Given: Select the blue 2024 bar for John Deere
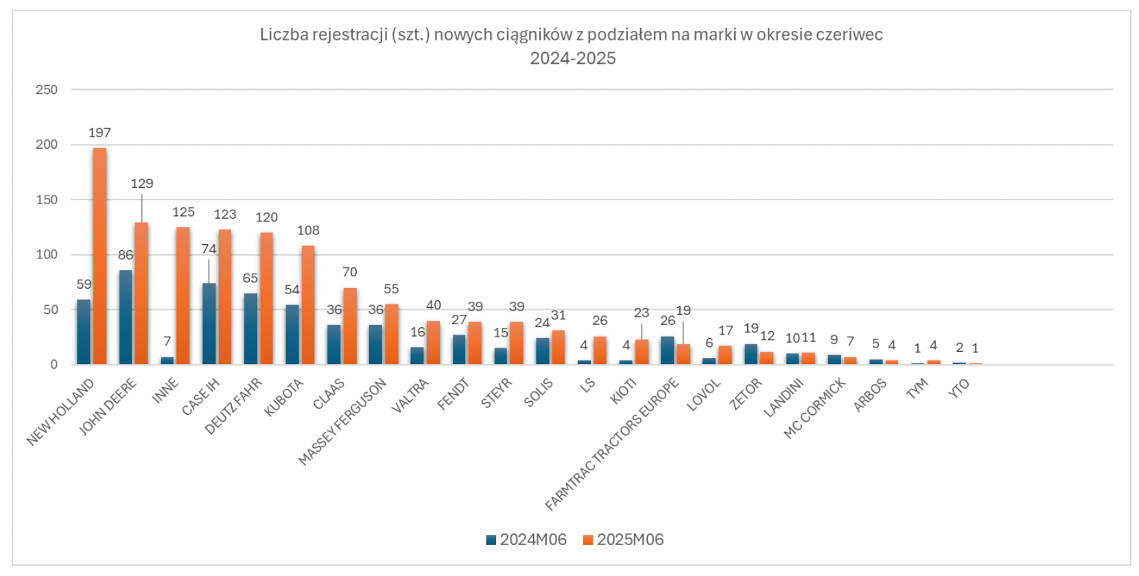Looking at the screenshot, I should click(126, 317).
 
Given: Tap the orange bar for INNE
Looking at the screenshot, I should click(183, 296).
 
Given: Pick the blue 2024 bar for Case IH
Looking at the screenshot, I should click(209, 324).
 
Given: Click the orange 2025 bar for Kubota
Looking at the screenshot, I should click(308, 304).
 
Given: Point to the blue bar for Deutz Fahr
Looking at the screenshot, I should click(250, 328).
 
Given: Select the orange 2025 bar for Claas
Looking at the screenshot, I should click(350, 326).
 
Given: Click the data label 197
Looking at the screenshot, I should click(99, 133).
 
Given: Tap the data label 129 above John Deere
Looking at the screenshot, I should click(142, 184).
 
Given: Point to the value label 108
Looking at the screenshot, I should click(308, 231).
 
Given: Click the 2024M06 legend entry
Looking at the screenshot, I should click(526, 540).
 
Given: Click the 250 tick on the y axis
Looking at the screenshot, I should click(47, 90).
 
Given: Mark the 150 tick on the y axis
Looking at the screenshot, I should click(47, 200).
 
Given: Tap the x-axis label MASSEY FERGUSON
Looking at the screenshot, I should click(343, 422).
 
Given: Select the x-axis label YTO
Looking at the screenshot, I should click(959, 388).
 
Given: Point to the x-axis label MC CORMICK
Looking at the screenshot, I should click(815, 409).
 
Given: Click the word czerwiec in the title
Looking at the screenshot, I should click(849, 34).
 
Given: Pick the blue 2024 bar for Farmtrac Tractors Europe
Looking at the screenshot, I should click(667, 350).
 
